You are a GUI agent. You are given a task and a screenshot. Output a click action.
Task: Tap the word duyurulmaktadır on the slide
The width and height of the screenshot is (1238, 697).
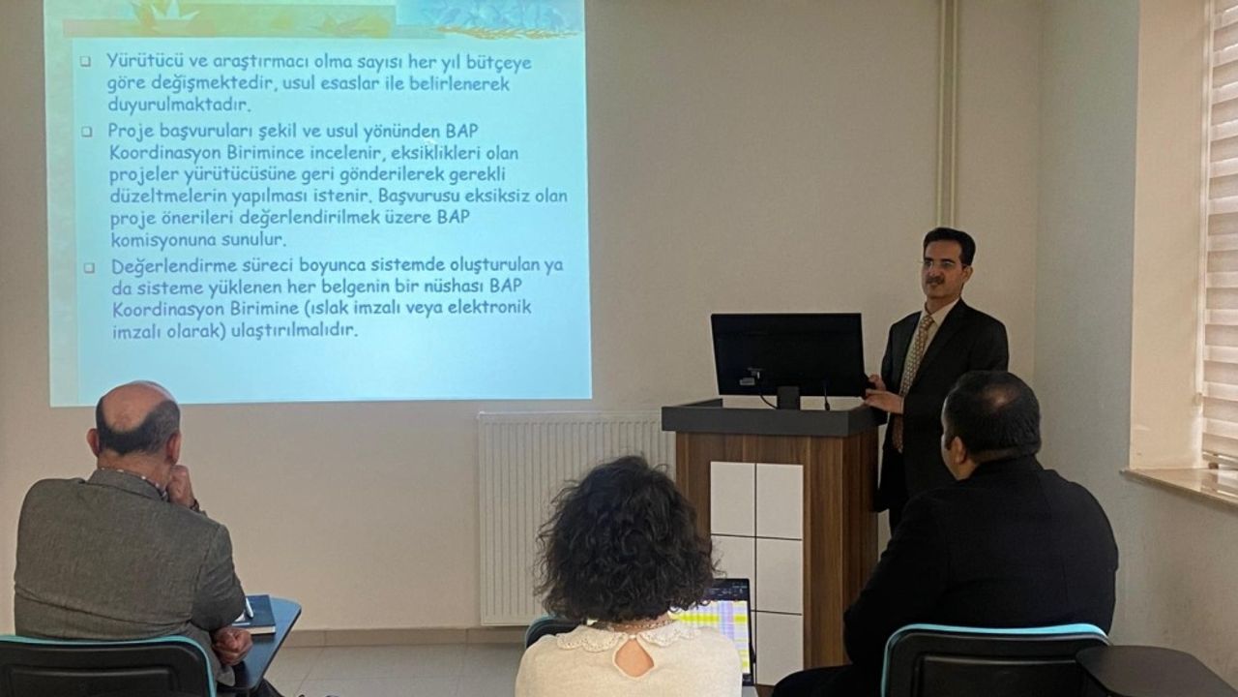179,104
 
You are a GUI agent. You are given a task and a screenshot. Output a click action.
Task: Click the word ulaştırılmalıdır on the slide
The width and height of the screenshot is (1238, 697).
294,330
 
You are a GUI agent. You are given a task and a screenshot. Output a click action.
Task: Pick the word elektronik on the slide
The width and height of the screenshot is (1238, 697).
489,307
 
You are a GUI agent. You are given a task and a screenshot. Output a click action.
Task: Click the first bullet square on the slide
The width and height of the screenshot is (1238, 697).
85,61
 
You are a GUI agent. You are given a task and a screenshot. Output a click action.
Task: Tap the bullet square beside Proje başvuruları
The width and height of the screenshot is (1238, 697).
87,132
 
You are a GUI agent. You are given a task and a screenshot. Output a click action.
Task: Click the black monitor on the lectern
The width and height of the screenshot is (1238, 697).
788,355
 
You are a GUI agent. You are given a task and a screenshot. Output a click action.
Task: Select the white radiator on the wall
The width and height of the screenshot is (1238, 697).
575,517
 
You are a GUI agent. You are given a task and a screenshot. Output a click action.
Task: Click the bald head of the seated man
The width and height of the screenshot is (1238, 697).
136,417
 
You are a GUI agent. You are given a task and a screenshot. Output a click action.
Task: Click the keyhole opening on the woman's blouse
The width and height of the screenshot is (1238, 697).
634,657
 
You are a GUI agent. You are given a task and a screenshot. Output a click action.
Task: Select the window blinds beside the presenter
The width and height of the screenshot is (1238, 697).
1221,232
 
